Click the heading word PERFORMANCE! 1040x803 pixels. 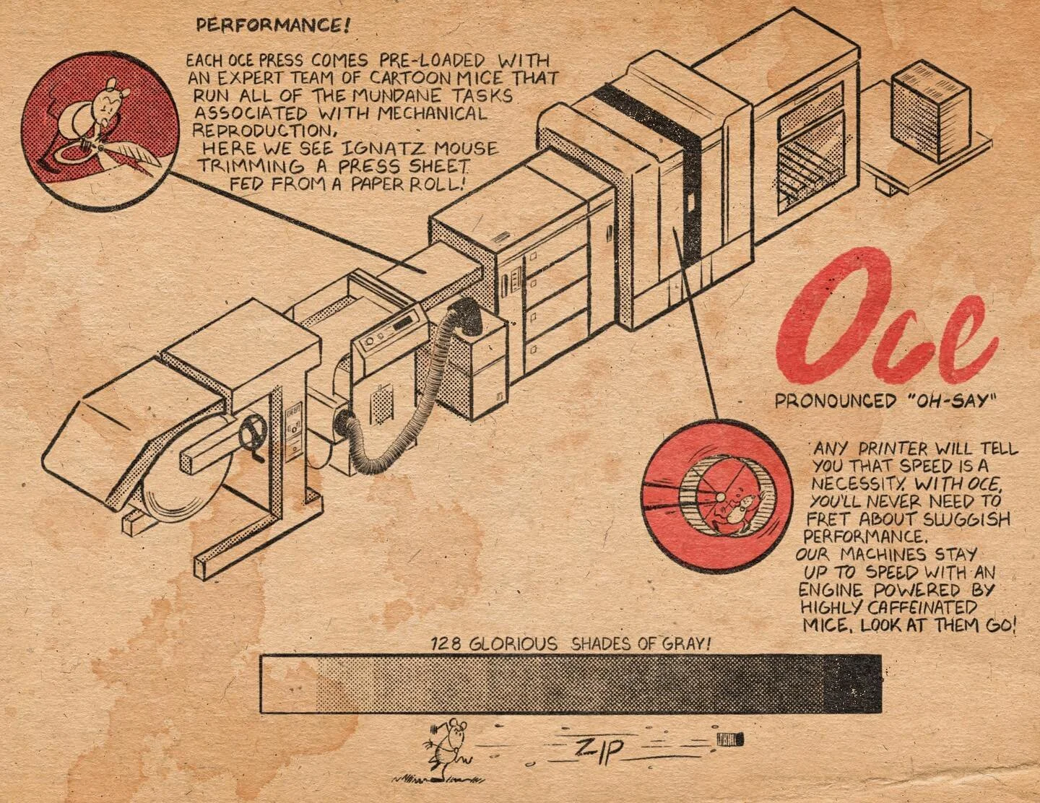(x=274, y=27)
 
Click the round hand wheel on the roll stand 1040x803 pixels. (x=250, y=438)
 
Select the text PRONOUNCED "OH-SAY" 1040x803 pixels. (x=880, y=401)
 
